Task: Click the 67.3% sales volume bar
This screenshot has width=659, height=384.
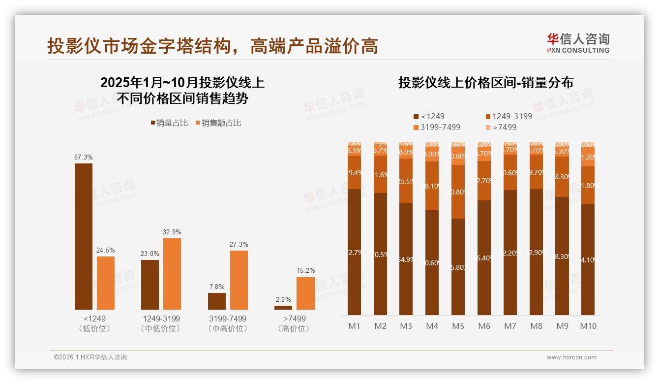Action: click(x=84, y=236)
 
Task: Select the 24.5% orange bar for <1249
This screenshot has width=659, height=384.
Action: click(x=106, y=283)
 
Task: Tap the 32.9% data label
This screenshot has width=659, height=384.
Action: click(x=172, y=232)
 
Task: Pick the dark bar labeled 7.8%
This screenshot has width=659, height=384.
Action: click(x=217, y=301)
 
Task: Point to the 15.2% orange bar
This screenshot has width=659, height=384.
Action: click(x=305, y=293)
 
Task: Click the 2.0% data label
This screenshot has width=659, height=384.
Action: click(x=283, y=299)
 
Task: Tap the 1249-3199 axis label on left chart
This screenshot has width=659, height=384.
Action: click(x=161, y=319)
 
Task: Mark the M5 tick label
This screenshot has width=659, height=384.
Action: click(x=458, y=326)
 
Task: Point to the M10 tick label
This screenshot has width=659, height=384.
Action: click(x=588, y=326)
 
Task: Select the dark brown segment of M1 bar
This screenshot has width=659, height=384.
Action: click(x=354, y=252)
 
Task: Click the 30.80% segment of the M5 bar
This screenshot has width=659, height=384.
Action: click(x=458, y=192)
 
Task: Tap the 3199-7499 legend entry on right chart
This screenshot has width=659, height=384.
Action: click(x=437, y=127)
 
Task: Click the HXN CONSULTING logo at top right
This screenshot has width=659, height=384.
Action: click(x=578, y=43)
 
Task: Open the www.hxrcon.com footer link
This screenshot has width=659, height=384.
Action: click(x=571, y=357)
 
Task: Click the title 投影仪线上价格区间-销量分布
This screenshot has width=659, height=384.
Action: click(x=486, y=83)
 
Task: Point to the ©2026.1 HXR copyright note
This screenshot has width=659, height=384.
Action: click(x=90, y=357)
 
